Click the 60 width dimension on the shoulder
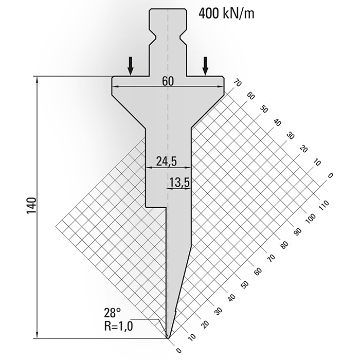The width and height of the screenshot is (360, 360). (x=168, y=81)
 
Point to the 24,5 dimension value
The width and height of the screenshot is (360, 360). (x=166, y=161)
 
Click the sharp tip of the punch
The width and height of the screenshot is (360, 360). (x=168, y=337)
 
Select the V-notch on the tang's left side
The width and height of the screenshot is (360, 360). (x=153, y=37)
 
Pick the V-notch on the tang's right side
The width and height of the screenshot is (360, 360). (x=183, y=37)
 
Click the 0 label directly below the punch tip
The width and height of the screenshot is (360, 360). (x=179, y=351)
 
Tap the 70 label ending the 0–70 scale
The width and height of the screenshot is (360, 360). (x=237, y=82)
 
